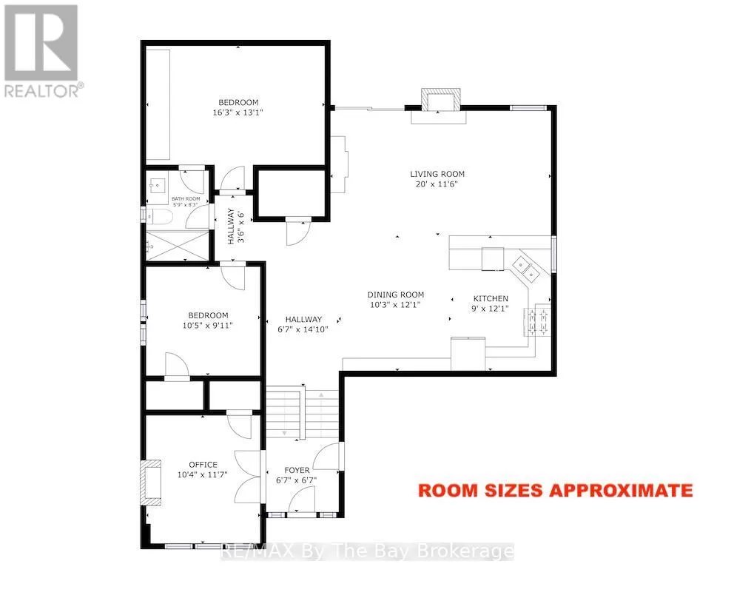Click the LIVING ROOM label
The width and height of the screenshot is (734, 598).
[437, 174]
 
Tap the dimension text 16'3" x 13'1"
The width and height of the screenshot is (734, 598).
[238, 112]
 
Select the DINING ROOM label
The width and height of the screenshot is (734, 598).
[396, 295]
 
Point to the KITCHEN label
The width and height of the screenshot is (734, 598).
[491, 298]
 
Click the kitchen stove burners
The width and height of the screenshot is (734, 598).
[537, 320]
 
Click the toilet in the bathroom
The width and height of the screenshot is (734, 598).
[159, 217]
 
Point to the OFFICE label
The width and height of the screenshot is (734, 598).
[203, 465]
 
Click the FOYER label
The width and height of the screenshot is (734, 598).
[297, 470]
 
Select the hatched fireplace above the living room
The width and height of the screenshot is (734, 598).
[440, 100]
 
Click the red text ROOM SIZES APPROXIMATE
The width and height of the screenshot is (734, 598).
[555, 490]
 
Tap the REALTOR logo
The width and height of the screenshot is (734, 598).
[41, 50]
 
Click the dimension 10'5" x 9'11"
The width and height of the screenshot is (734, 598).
[207, 325]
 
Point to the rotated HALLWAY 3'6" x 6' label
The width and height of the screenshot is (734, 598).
[236, 226]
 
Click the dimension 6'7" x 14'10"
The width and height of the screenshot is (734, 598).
[303, 329]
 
